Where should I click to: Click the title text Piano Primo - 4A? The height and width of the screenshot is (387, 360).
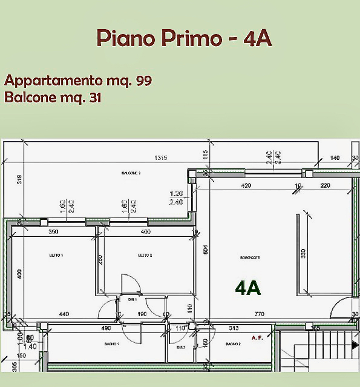tap(183, 38)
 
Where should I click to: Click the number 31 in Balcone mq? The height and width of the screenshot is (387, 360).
tap(95, 98)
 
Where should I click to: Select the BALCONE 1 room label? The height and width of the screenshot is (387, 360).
tap(131, 173)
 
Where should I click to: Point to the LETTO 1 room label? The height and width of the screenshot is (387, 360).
tap(56, 256)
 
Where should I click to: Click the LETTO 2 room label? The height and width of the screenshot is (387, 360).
tap(144, 256)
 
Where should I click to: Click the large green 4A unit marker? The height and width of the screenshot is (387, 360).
tap(248, 288)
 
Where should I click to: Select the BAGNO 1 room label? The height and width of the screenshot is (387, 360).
tap(111, 344)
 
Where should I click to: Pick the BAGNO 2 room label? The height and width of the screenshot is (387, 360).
tap(234, 344)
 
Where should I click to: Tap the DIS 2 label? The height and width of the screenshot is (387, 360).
tap(180, 348)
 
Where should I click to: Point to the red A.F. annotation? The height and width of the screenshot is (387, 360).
tap(257, 337)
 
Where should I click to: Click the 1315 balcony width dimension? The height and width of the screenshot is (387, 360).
tap(160, 158)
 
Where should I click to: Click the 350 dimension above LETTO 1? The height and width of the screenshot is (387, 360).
tap(53, 231)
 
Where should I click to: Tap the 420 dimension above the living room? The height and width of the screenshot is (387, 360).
tap(246, 186)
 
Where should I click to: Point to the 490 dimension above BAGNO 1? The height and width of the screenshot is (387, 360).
tap(106, 328)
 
